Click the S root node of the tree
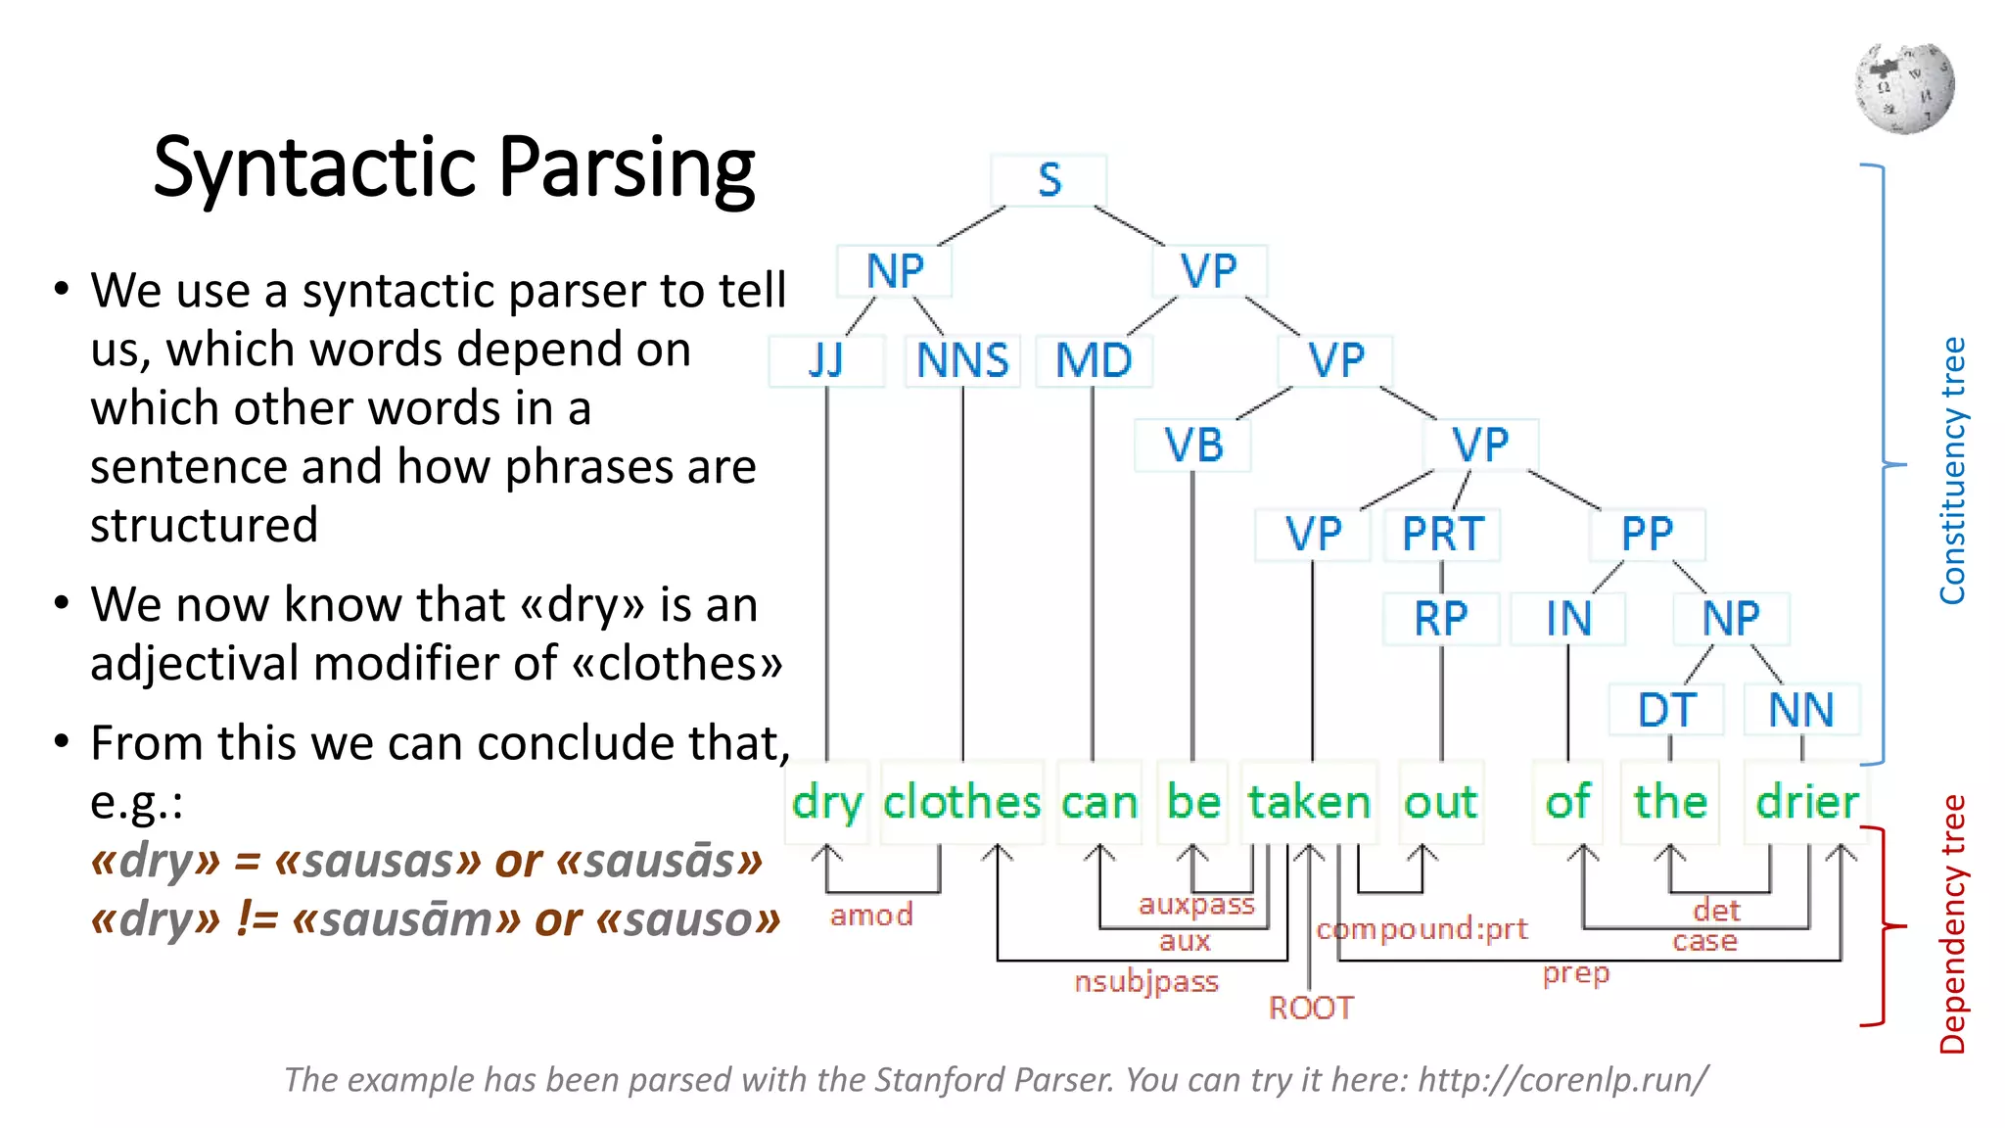tap(1049, 180)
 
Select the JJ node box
tap(826, 361)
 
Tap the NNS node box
tap(962, 361)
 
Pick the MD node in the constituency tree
tap(1094, 361)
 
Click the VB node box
tap(1192, 446)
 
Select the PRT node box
tap(1442, 536)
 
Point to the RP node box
tap(1441, 619)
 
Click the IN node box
tap(1568, 619)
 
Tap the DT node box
tap(1667, 710)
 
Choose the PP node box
tap(1648, 536)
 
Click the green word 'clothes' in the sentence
tap(961, 802)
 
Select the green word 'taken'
tap(1309, 802)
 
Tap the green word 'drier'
tap(1806, 802)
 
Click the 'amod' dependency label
tap(871, 916)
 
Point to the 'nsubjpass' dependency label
tap(1145, 981)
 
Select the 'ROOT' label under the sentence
tap(1311, 1008)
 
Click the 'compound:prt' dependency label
tap(1422, 928)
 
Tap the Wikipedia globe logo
tap(1904, 88)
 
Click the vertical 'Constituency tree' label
tap(1952, 470)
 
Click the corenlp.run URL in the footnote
tap(1562, 1080)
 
